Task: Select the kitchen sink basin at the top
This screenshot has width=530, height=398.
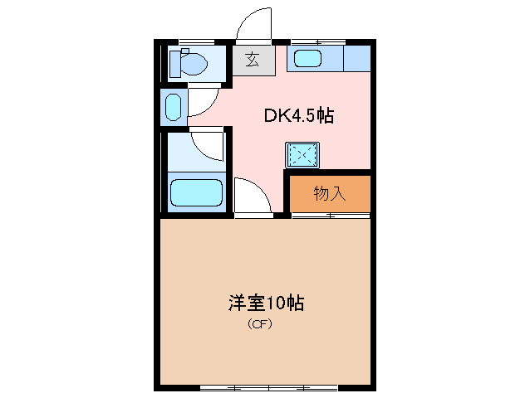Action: pyautogui.click(x=307, y=59)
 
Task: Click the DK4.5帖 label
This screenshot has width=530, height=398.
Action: pyautogui.click(x=298, y=116)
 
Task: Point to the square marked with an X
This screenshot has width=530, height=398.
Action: pyautogui.click(x=301, y=154)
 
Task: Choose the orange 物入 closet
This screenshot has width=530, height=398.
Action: pyautogui.click(x=329, y=193)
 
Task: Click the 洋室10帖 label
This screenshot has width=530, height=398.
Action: pyautogui.click(x=266, y=302)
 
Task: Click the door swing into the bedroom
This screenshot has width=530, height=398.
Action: pyautogui.click(x=252, y=197)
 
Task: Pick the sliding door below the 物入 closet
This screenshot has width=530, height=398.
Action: pyautogui.click(x=330, y=216)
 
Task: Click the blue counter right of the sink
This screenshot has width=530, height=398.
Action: pyautogui.click(x=357, y=59)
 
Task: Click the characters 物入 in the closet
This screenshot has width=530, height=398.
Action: pyautogui.click(x=329, y=194)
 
